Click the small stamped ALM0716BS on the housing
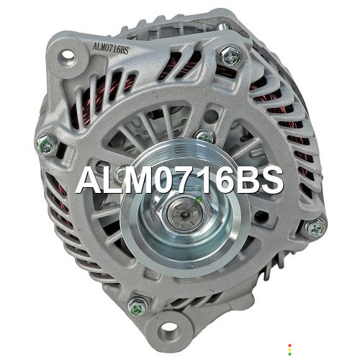click(x=111, y=49)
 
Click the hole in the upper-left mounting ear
click(x=68, y=55)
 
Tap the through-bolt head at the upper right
click(x=230, y=56)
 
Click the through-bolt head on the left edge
click(x=48, y=144)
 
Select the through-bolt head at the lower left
click(x=138, y=307)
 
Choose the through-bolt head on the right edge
click(x=315, y=228)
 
